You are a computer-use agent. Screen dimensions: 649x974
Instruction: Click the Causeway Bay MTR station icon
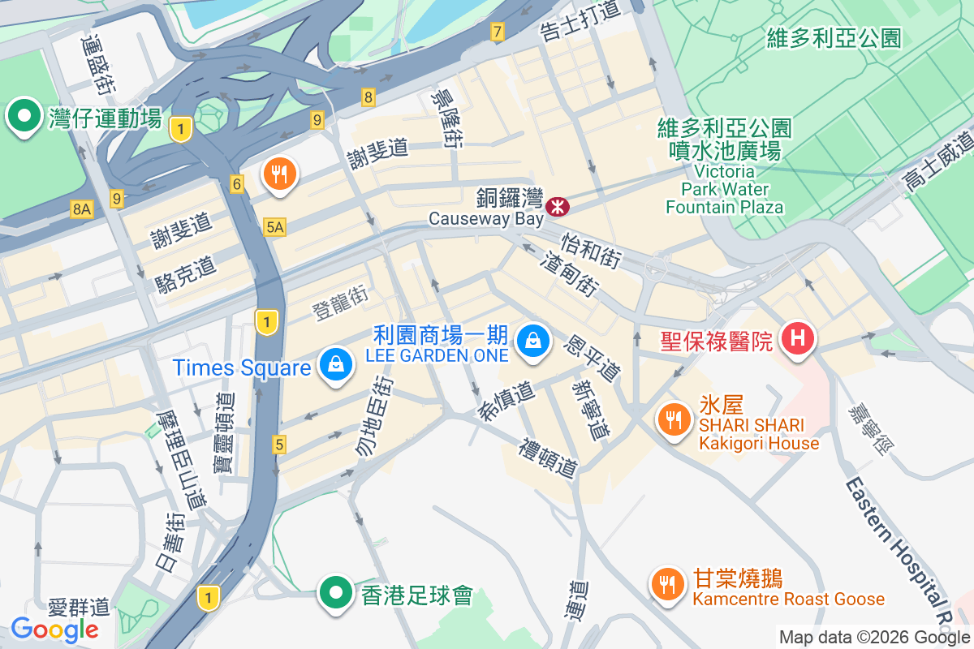558,207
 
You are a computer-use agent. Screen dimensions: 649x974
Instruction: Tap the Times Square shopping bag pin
334,365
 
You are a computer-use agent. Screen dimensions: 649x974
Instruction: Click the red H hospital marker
797,338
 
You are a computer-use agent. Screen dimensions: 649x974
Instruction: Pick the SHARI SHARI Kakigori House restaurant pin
672,419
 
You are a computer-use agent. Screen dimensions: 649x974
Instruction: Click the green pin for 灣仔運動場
24,117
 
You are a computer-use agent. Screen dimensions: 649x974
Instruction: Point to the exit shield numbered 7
497,32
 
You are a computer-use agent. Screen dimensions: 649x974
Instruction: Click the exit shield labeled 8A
82,209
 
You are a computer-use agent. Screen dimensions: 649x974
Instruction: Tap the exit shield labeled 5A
274,229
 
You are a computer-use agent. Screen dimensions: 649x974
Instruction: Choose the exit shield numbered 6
237,184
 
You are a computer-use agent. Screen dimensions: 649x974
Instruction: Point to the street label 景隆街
447,118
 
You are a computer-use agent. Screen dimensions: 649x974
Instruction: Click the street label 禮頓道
549,458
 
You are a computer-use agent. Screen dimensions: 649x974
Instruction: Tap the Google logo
54,629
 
